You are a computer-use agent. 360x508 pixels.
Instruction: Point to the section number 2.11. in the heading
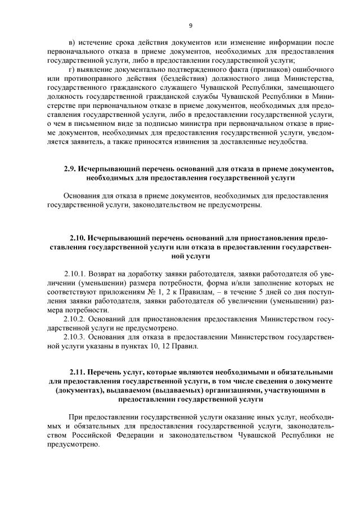click(x=78, y=371)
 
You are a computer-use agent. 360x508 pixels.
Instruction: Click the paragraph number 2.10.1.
click(x=76, y=274)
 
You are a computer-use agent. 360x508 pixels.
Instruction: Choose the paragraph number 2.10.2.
click(x=76, y=319)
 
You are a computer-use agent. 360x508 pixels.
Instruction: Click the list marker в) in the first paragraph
click(x=71, y=42)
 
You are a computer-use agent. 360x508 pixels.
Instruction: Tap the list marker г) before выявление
click(x=71, y=69)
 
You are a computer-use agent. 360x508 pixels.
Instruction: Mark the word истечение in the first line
click(x=96, y=42)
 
